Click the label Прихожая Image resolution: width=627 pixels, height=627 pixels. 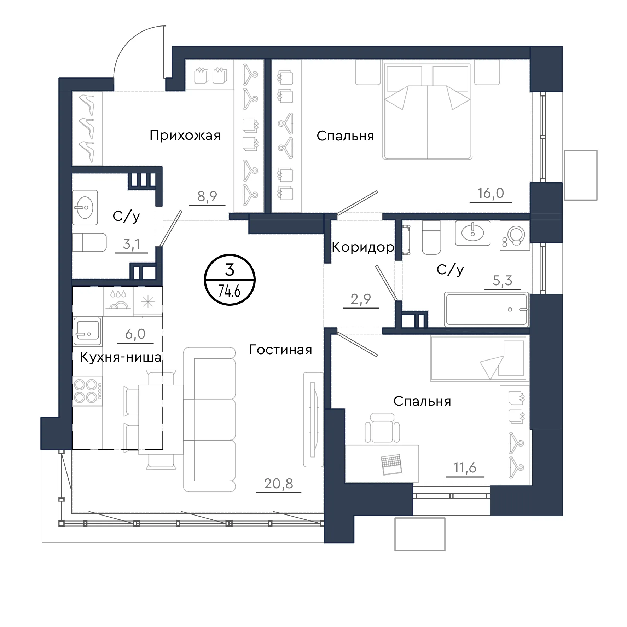pos(185,136)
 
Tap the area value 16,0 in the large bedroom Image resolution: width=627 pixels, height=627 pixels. pos(490,193)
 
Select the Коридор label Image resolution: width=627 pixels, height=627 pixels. pos(363,247)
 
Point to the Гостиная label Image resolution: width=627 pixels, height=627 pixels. pos(281,350)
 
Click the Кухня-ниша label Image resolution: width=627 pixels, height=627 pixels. pos(121,357)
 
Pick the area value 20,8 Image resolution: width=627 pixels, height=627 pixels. pos(279,483)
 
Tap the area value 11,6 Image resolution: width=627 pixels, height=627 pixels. pos(465,468)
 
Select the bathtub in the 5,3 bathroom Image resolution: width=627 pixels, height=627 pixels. pos(487,309)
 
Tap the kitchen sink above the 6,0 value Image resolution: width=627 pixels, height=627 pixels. pos(87,331)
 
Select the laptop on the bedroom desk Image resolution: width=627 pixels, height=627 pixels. pos(391,464)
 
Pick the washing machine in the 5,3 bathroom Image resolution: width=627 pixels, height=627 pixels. pos(515,235)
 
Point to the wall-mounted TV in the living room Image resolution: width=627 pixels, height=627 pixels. pos(313,419)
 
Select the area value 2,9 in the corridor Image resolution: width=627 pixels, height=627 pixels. pos(361,299)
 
